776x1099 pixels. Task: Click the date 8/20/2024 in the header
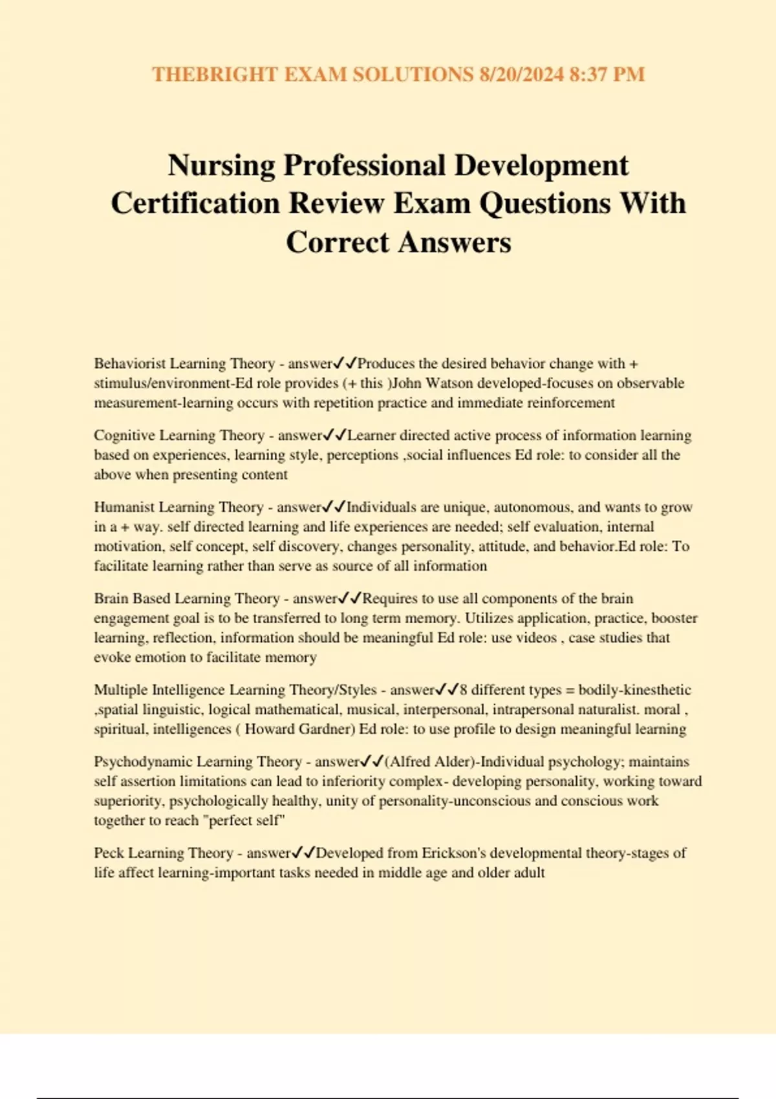click(x=522, y=74)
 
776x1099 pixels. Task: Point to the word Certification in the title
click(x=195, y=204)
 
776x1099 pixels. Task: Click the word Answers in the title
click(x=455, y=242)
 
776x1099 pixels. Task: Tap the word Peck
click(x=109, y=853)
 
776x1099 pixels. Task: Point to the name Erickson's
click(x=455, y=853)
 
